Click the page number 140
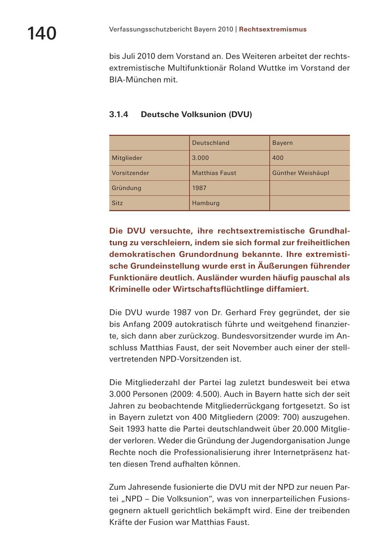[42, 33]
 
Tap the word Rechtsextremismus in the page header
[273, 30]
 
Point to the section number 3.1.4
[118, 115]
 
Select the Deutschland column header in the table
[211, 143]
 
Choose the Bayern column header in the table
[282, 143]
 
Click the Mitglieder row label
[127, 158]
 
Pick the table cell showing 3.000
[200, 158]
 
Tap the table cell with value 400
[278, 158]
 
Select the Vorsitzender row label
[130, 173]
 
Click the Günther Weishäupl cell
[300, 173]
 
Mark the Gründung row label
[126, 188]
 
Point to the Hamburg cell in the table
[205, 203]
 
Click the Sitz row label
[117, 203]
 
